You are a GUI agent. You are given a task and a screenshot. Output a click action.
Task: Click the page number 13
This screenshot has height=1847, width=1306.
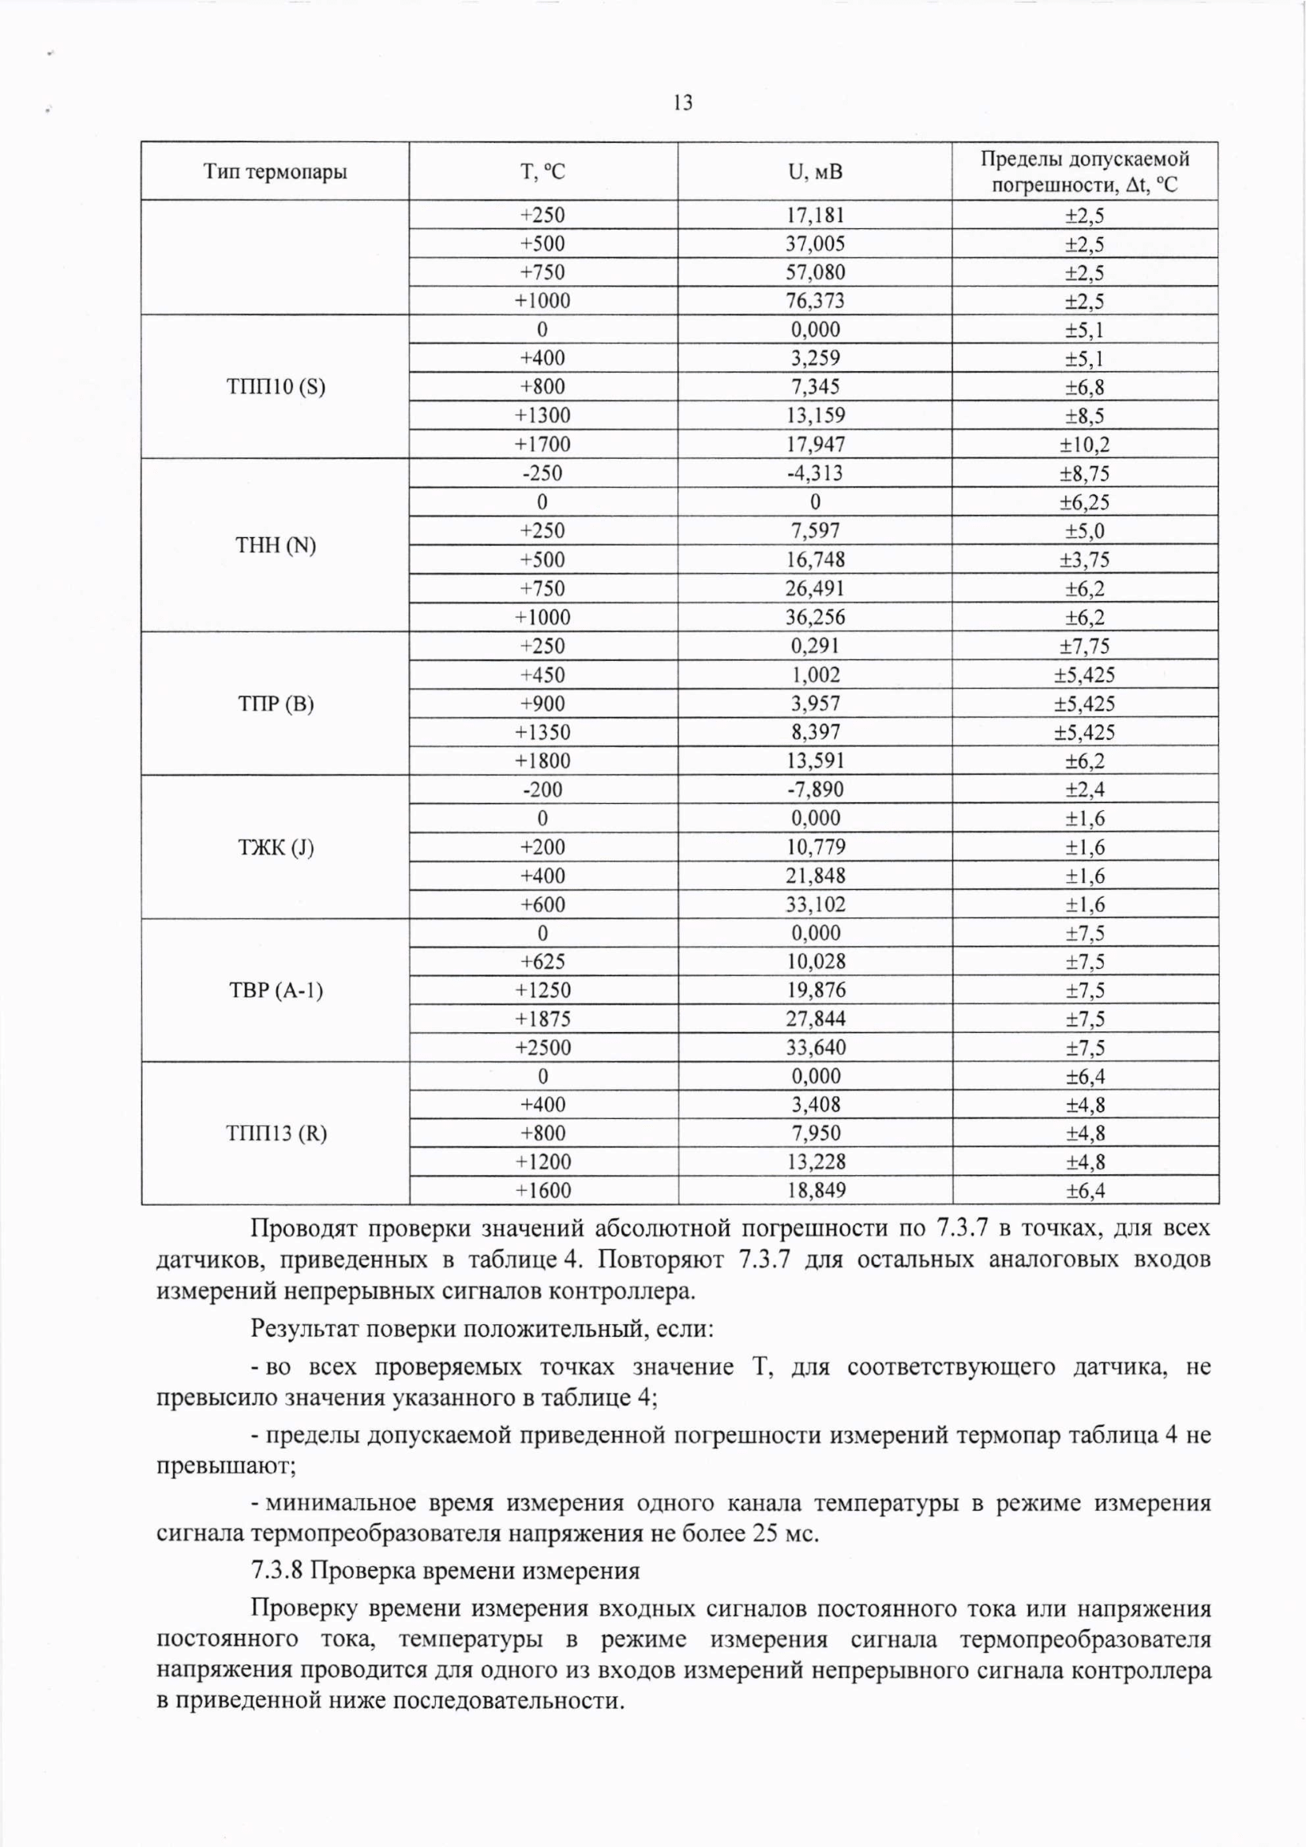(683, 103)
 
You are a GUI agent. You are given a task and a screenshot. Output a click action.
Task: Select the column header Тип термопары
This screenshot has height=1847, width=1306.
(275, 171)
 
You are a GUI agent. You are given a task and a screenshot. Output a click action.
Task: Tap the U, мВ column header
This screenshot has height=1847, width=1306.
(815, 171)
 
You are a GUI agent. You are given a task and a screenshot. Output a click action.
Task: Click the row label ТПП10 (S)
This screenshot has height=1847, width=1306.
(276, 387)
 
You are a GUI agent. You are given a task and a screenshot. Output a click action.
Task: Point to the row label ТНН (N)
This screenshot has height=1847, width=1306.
(276, 546)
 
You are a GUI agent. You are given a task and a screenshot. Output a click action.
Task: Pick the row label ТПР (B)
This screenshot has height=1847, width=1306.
(276, 704)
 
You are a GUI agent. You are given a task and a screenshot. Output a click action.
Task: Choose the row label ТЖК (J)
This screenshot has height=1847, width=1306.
(276, 847)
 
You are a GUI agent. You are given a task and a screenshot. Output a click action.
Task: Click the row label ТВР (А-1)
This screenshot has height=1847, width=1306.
(276, 990)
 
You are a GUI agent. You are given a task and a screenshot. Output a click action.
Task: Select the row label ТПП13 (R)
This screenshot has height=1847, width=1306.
(276, 1133)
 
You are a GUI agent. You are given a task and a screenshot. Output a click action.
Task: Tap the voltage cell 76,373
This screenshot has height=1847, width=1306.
(815, 301)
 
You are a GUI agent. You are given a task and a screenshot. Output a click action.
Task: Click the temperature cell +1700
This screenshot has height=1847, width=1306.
(542, 444)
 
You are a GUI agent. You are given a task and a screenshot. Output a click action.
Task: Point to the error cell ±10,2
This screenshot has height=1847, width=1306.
(1085, 444)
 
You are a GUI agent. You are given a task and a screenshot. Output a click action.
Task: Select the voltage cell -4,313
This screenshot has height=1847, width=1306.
(815, 473)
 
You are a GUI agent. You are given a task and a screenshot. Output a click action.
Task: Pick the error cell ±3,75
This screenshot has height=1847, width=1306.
(1085, 559)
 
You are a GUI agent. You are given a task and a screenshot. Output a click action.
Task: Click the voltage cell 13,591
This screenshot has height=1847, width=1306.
(815, 760)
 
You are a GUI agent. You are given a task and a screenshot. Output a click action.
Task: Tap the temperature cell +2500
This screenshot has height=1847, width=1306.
(542, 1047)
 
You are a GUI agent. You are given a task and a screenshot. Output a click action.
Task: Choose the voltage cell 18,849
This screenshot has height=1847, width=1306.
(815, 1191)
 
